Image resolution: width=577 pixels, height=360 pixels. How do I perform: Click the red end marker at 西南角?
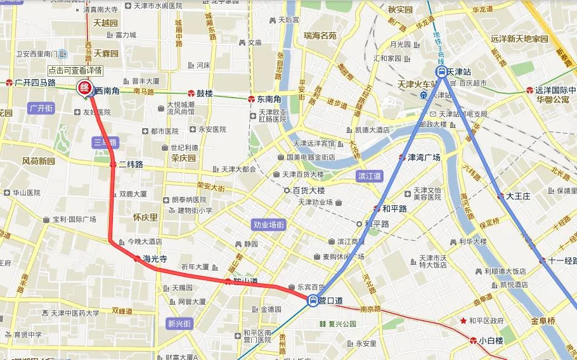coord(84,88)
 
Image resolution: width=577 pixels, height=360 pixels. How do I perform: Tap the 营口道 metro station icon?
coord(313,301)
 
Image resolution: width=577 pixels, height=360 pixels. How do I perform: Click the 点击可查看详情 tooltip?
coord(75,70)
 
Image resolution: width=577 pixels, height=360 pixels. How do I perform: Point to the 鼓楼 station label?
coord(204,93)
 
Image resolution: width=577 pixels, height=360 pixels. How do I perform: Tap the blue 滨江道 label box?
coord(370,176)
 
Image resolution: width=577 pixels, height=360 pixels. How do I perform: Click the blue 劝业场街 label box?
coord(269,224)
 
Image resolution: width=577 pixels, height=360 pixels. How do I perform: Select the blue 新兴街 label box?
coord(179,323)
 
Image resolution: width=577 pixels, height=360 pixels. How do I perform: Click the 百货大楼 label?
coord(308,190)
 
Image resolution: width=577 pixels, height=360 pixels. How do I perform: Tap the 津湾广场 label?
coord(423,157)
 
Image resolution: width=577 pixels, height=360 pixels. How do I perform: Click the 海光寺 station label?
coord(154,259)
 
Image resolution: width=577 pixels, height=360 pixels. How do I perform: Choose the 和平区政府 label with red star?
coord(486,321)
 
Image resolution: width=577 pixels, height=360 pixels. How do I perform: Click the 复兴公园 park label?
coord(342,324)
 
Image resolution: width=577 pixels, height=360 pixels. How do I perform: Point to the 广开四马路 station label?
coord(35,82)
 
